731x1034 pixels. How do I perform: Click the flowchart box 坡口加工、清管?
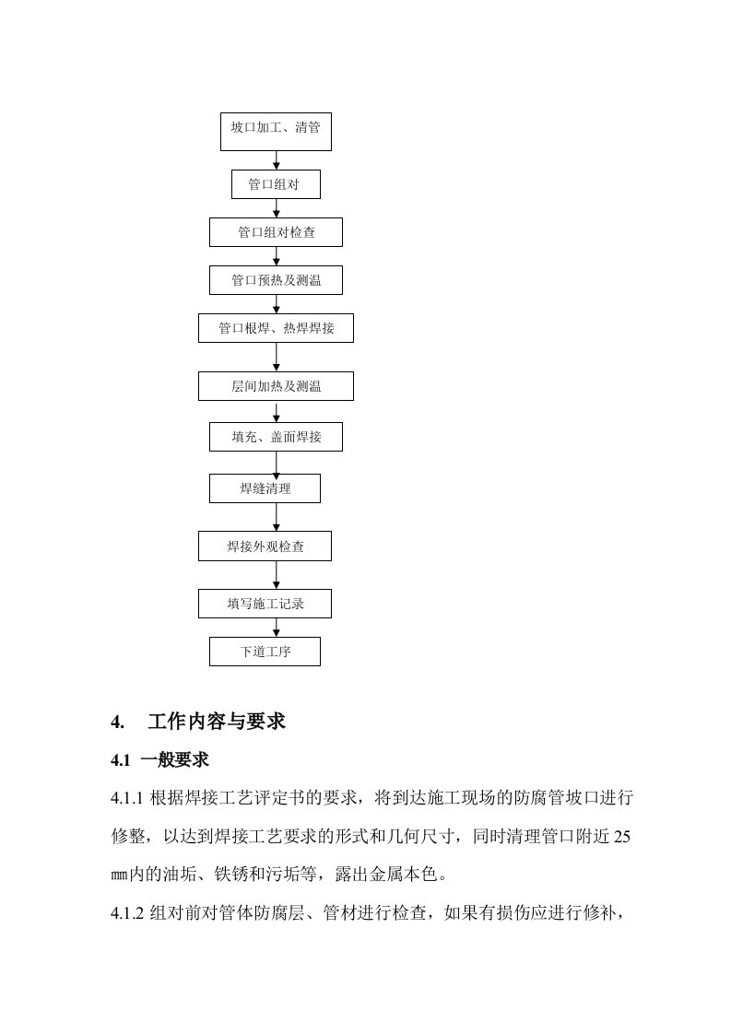point(276,132)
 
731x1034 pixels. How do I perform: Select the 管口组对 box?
point(276,184)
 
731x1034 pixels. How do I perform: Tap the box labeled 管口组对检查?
point(276,232)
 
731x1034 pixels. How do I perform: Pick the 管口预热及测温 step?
point(276,280)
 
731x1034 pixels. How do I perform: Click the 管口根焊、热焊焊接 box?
point(276,328)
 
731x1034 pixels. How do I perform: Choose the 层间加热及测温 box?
point(276,386)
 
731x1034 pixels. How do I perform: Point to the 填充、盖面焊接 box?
point(276,437)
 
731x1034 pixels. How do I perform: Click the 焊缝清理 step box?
point(265,488)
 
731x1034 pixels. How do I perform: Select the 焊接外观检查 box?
point(265,546)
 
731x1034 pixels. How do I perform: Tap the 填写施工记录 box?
point(265,604)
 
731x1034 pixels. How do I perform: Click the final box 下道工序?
point(265,652)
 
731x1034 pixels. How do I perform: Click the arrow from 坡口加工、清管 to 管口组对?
point(277,160)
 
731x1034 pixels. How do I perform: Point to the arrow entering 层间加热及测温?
point(277,357)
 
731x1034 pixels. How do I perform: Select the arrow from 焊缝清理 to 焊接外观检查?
point(277,517)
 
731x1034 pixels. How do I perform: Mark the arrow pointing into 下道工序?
point(277,628)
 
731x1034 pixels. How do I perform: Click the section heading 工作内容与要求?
point(217,722)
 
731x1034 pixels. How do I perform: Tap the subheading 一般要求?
point(175,759)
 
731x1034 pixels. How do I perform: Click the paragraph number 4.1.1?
point(127,798)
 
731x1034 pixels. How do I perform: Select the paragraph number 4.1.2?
point(127,913)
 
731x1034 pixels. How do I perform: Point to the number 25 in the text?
point(622,837)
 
